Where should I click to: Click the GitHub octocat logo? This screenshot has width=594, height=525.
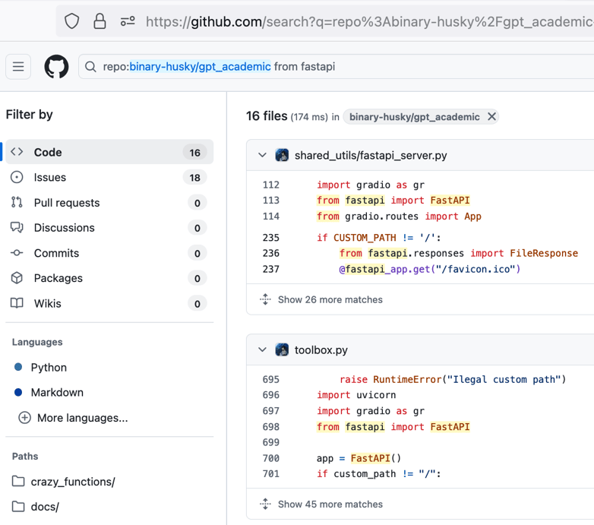56,67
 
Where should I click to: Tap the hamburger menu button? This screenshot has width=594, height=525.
18,67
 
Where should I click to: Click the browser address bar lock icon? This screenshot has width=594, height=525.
100,21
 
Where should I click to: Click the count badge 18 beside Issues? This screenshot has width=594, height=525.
194,178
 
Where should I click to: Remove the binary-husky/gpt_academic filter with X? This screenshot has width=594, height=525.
491,117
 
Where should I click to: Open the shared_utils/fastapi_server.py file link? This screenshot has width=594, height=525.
371,155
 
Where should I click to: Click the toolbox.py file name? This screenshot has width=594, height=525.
321,350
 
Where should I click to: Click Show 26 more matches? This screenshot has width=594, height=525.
330,299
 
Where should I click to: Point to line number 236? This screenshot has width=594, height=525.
271,254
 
